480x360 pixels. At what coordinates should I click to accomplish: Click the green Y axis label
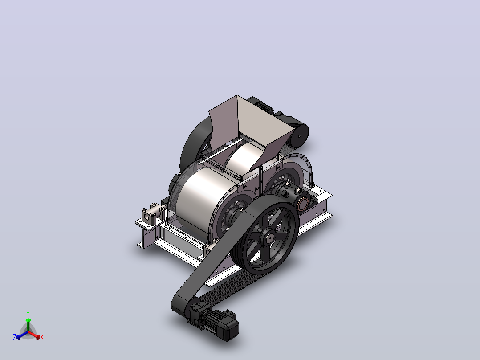tap(28, 313)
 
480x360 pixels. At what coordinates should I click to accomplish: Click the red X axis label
tap(42, 337)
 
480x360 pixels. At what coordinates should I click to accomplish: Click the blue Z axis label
tap(15, 337)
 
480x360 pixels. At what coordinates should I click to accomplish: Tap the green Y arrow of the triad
tap(28, 325)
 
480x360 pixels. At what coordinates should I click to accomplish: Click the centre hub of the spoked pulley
tap(268, 237)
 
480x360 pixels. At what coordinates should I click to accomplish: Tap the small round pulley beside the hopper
tap(299, 135)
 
